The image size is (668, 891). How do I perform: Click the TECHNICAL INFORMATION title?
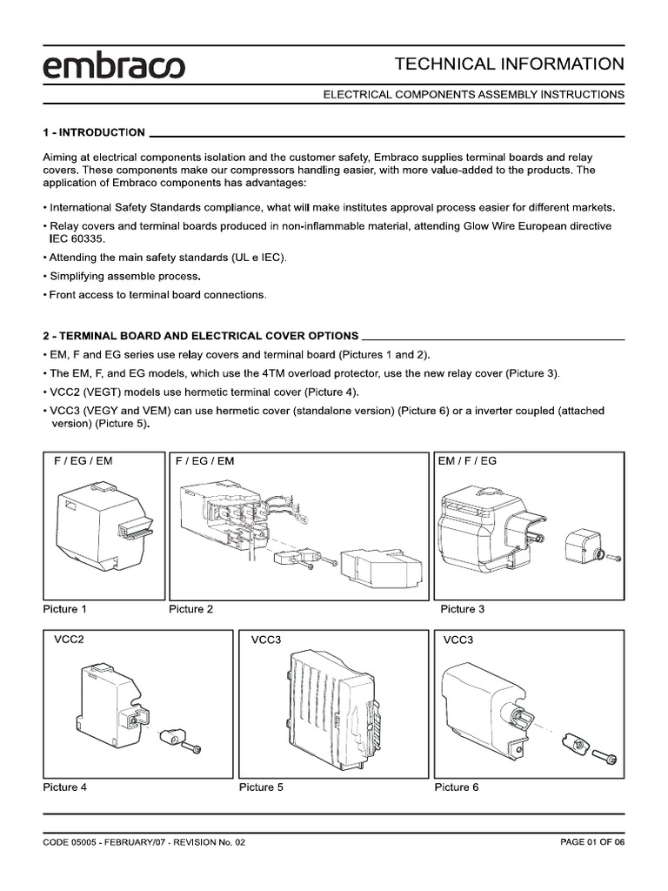[509, 64]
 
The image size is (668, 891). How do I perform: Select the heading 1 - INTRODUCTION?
[94, 132]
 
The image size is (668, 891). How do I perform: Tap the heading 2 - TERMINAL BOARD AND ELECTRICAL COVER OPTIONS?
[200, 335]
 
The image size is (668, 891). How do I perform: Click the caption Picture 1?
[65, 609]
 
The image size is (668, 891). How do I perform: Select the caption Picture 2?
[190, 609]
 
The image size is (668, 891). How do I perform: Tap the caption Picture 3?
[463, 609]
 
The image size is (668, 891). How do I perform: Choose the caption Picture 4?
[65, 787]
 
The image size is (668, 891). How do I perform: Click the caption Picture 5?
[261, 787]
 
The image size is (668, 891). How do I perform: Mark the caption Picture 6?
[457, 787]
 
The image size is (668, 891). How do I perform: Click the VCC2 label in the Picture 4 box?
[69, 640]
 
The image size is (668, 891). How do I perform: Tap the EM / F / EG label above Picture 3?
[468, 460]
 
